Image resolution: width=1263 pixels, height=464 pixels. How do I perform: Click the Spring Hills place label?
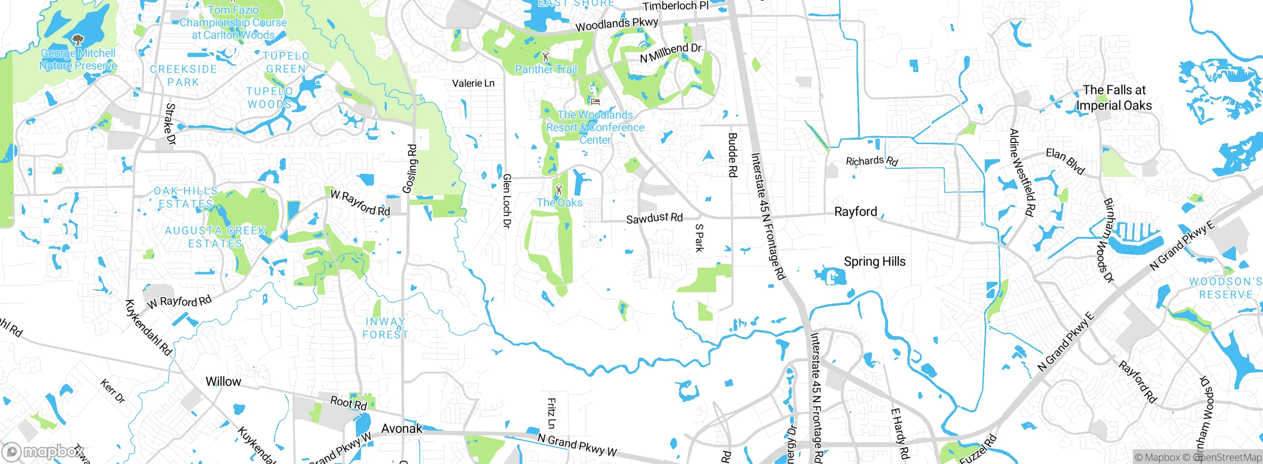(x=874, y=262)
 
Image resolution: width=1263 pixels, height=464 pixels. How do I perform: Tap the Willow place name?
(x=223, y=382)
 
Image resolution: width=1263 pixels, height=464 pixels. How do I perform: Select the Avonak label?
(x=402, y=428)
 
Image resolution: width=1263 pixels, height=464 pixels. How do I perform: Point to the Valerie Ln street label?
(x=473, y=83)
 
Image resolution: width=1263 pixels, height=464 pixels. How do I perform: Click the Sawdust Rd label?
(x=654, y=218)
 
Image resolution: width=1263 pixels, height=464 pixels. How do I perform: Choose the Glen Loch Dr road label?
(x=506, y=201)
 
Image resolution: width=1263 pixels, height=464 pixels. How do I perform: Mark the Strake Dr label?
(x=170, y=124)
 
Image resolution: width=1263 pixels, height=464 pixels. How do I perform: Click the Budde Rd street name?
(x=733, y=155)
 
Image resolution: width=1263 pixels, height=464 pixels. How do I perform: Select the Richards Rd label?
(x=871, y=161)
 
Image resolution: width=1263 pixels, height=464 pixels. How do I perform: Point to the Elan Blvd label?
(x=1065, y=161)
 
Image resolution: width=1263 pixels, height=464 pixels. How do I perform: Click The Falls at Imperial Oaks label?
(x=1114, y=98)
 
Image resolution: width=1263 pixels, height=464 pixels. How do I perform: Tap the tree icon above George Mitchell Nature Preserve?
(x=77, y=39)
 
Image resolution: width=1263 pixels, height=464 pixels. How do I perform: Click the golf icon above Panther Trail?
(x=546, y=56)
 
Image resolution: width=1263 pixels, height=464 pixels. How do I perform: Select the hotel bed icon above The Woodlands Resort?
(x=595, y=101)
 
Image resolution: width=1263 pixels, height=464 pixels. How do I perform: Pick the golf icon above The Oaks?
(x=559, y=190)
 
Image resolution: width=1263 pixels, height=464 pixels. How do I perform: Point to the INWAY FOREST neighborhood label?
(x=385, y=328)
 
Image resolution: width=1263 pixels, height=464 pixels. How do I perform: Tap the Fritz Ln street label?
(x=552, y=413)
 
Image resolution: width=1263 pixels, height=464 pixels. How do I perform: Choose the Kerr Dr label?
(x=113, y=391)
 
